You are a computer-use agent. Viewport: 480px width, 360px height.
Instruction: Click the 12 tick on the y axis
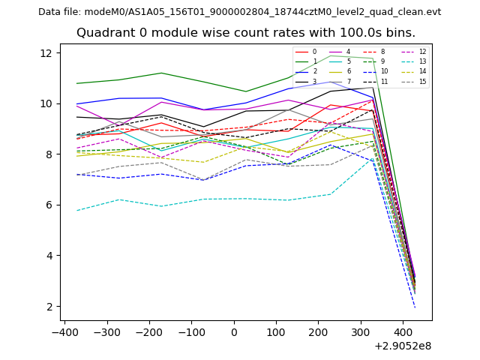click(x=46, y=53)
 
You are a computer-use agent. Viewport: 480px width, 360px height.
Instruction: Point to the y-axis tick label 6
click(x=49, y=205)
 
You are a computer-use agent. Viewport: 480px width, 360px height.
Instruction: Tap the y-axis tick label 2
click(x=49, y=307)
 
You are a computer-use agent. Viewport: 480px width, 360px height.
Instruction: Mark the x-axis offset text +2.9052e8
click(x=403, y=346)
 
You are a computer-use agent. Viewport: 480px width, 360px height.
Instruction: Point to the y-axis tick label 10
click(x=46, y=104)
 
